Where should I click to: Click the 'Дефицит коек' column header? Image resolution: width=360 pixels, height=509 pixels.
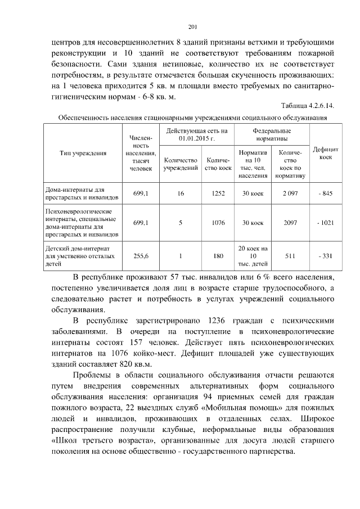click(x=325, y=153)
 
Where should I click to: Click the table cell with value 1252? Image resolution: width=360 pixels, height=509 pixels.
click(x=218, y=193)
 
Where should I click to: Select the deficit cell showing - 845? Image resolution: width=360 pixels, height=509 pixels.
click(x=325, y=193)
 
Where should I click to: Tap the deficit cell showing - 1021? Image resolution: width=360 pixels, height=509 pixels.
click(x=325, y=223)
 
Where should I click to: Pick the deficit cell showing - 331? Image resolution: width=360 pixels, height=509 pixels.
click(x=325, y=256)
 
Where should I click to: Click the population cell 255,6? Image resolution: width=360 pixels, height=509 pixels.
click(x=141, y=256)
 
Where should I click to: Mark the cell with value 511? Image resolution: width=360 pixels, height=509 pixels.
click(x=290, y=256)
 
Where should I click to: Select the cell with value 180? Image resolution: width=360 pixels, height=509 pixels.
click(x=218, y=256)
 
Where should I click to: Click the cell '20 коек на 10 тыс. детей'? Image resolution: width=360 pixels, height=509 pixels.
click(x=253, y=256)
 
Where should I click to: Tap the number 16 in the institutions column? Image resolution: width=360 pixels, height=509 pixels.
click(x=181, y=193)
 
